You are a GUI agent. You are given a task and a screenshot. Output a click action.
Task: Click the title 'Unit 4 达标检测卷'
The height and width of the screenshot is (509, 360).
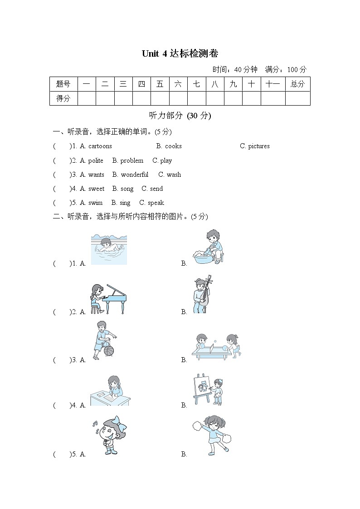tap(180, 53)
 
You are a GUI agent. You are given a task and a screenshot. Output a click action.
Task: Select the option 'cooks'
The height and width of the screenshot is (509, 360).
tap(173, 146)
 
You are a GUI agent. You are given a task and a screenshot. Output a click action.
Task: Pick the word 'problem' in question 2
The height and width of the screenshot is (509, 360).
tap(132, 160)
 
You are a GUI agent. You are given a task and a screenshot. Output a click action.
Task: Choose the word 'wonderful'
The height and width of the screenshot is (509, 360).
tap(135, 175)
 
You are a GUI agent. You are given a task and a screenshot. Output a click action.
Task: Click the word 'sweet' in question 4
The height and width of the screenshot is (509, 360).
tap(96, 189)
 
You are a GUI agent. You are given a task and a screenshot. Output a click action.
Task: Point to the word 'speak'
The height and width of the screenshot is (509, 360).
tap(156, 203)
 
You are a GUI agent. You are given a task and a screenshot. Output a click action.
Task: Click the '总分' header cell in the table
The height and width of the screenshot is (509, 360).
tap(297, 84)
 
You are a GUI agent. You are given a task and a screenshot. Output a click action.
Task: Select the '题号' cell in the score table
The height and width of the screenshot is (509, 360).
tap(63, 84)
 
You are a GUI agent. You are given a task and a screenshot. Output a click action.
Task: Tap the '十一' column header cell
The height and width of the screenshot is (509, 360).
tap(272, 84)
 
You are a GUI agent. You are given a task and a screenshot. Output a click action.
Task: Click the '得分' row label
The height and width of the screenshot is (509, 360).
tap(63, 98)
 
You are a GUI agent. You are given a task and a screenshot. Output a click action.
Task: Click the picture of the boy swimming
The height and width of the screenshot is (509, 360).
tap(109, 249)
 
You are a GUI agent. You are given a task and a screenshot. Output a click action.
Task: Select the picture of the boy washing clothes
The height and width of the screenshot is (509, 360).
tap(208, 247)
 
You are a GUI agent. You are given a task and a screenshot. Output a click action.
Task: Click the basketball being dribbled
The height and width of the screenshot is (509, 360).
tap(109, 351)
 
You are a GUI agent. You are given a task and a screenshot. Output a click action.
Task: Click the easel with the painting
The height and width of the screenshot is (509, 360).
tap(201, 388)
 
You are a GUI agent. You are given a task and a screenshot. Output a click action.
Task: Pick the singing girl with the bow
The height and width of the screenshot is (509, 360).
tap(109, 435)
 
